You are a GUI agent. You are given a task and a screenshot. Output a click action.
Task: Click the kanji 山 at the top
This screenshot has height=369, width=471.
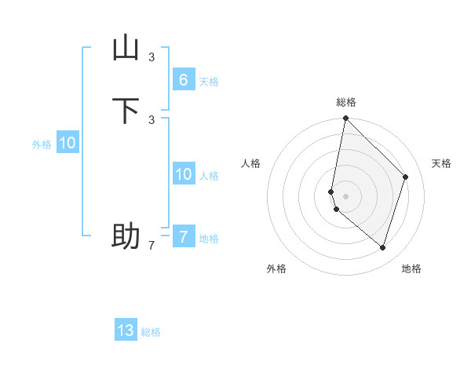click(126, 48)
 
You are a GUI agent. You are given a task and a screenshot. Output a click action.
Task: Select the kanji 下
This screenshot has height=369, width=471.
click(126, 111)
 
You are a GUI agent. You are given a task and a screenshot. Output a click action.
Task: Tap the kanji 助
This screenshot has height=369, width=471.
click(126, 236)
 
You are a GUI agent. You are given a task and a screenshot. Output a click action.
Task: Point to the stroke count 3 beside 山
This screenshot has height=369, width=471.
click(152, 57)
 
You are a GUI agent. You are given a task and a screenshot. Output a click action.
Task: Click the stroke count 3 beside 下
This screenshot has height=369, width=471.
click(152, 119)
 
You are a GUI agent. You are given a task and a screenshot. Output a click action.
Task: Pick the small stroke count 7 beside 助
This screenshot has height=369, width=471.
click(152, 246)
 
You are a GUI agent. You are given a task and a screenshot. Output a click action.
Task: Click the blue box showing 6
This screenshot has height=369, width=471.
click(183, 79)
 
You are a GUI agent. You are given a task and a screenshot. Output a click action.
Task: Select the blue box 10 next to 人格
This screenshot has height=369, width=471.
click(183, 174)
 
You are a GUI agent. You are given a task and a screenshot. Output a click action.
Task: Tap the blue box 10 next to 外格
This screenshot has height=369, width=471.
click(68, 143)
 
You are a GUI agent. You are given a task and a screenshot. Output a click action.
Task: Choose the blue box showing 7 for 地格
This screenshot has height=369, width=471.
click(183, 236)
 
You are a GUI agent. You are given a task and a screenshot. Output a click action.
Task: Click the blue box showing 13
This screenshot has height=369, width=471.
click(126, 331)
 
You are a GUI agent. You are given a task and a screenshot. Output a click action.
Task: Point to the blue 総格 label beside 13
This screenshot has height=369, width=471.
click(151, 332)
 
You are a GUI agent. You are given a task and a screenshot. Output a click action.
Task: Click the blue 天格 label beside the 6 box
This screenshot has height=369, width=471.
click(208, 82)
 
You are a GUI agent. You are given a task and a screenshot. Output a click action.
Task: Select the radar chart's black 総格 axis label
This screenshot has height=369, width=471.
click(346, 102)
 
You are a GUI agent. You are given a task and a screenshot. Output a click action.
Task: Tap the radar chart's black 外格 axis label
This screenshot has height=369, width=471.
click(276, 269)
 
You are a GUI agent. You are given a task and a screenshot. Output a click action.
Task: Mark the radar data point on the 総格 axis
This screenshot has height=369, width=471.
click(345, 118)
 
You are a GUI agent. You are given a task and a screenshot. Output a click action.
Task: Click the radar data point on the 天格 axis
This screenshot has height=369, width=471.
click(406, 177)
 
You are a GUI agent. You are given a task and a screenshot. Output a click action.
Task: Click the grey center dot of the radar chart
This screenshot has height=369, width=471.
click(345, 195)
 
